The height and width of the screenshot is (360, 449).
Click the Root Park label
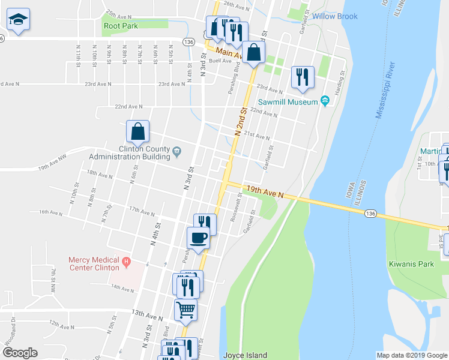point(120,26)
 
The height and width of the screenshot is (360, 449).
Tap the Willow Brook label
point(334,16)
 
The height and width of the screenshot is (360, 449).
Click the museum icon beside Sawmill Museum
point(325,100)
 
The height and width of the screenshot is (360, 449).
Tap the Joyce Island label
point(245,355)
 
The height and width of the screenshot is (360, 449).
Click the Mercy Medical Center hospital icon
point(126,261)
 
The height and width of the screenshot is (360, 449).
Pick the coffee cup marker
point(199,238)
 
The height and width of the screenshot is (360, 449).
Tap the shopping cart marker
point(186,310)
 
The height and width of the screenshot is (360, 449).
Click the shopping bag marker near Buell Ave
point(254,53)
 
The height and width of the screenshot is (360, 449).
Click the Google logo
point(20,353)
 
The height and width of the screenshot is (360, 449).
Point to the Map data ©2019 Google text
point(412,355)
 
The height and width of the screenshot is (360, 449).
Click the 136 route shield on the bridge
point(372,214)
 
